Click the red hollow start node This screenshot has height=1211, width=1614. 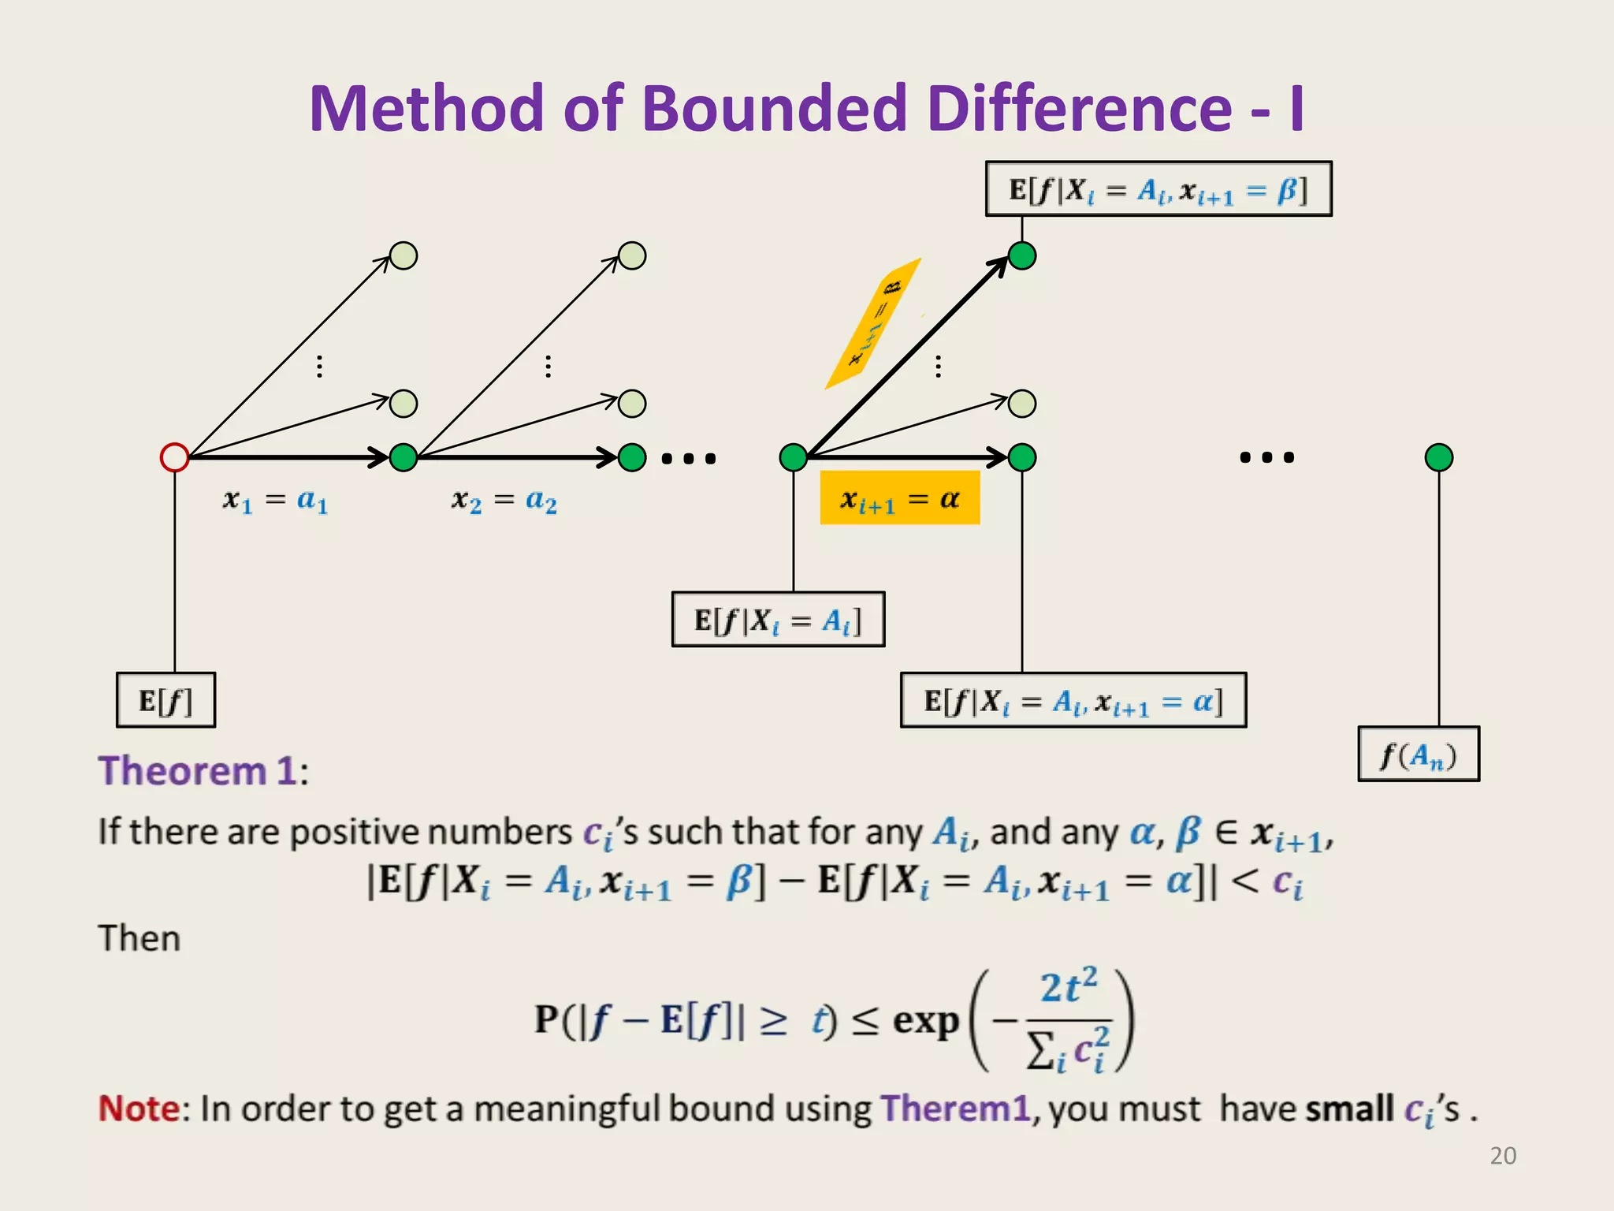click(174, 457)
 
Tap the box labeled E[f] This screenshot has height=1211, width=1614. click(165, 700)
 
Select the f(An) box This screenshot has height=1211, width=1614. click(1419, 755)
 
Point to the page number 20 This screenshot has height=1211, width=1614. click(1503, 1156)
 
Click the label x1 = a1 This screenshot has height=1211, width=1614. click(275, 501)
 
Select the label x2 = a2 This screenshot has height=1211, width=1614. click(504, 501)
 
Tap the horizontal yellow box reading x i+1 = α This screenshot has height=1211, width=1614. click(900, 498)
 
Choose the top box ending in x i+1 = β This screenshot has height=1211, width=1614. click(1158, 189)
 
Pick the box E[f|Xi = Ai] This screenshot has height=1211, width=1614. click(778, 620)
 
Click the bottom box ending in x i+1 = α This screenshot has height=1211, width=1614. click(1073, 700)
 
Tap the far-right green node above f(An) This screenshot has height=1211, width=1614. click(1439, 457)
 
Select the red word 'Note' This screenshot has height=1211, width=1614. click(139, 1109)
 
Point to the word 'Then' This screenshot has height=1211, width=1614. click(139, 938)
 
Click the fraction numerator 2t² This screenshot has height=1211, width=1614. click(1068, 987)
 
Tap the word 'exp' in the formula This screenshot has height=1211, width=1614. click(926, 1022)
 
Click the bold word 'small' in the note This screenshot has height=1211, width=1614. click(1349, 1109)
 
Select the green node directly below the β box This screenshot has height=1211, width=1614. click(1022, 256)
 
